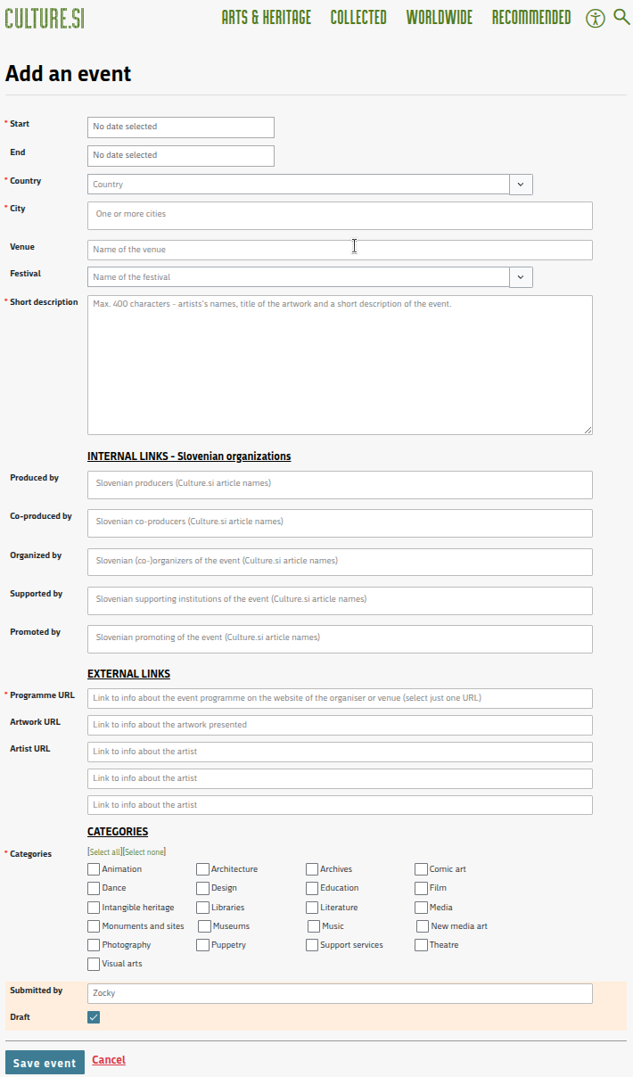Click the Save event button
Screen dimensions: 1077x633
pyautogui.click(x=45, y=1063)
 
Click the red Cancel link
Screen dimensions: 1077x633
pyautogui.click(x=109, y=1060)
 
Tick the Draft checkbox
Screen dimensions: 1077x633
pyautogui.click(x=94, y=1017)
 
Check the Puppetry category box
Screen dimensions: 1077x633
pyautogui.click(x=203, y=945)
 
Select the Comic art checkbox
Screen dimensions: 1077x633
pyautogui.click(x=421, y=869)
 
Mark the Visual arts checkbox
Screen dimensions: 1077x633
pyautogui.click(x=94, y=964)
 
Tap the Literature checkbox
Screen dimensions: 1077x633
pyautogui.click(x=312, y=908)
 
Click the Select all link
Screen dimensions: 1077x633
pyautogui.click(x=104, y=852)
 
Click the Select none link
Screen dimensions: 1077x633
pyautogui.click(x=144, y=852)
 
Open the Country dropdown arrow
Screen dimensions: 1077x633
pyautogui.click(x=521, y=185)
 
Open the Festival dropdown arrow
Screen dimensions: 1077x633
pyautogui.click(x=521, y=277)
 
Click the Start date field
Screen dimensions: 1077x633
pyautogui.click(x=181, y=127)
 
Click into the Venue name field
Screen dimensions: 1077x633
pyautogui.click(x=340, y=250)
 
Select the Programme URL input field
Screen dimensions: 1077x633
pyautogui.click(x=340, y=698)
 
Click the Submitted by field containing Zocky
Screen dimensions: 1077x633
pyautogui.click(x=340, y=993)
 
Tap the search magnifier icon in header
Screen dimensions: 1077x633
pyautogui.click(x=621, y=17)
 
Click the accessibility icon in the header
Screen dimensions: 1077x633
pyautogui.click(x=596, y=18)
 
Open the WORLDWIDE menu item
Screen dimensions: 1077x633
pyautogui.click(x=440, y=18)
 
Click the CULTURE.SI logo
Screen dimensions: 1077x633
pyautogui.click(x=45, y=18)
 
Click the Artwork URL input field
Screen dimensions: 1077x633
pyautogui.click(x=340, y=725)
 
